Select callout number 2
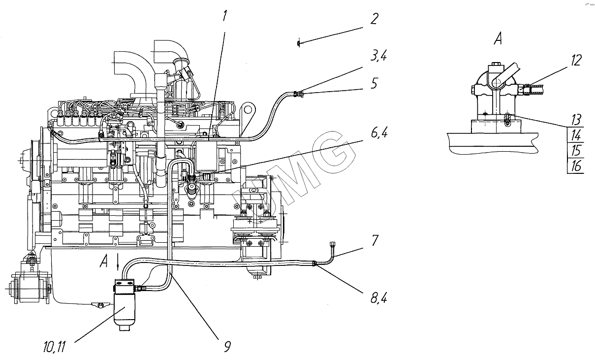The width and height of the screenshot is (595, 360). pyautogui.click(x=374, y=20)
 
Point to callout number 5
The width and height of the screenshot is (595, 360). pyautogui.click(x=375, y=83)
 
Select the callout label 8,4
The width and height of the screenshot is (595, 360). pyautogui.click(x=376, y=298)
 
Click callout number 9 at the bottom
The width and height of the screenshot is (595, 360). pyautogui.click(x=226, y=347)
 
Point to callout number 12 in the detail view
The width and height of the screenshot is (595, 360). pyautogui.click(x=576, y=61)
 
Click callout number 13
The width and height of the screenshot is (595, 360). pyautogui.click(x=576, y=120)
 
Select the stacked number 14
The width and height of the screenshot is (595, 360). pyautogui.click(x=576, y=135)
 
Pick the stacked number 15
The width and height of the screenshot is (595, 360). pyautogui.click(x=576, y=150)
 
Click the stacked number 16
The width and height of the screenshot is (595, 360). pyautogui.click(x=576, y=166)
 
